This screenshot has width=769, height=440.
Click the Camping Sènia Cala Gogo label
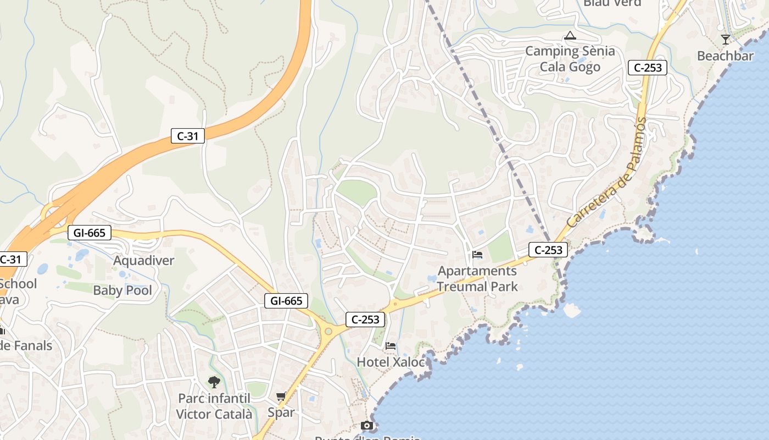[x=570, y=59]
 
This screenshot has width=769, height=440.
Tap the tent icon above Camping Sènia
[x=570, y=36]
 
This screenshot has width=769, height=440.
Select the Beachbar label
[x=725, y=56]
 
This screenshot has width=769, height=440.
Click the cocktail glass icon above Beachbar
[x=726, y=40]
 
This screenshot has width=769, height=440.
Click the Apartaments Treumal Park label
[x=477, y=278]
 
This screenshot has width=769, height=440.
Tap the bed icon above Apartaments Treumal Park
[x=477, y=255]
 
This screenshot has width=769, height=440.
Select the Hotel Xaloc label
[x=391, y=362]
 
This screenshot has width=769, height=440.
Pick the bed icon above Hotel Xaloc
[x=391, y=346]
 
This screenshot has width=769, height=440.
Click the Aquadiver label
[x=144, y=261]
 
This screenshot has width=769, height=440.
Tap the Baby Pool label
[x=122, y=290]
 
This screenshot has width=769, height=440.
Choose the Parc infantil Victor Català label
[x=214, y=406]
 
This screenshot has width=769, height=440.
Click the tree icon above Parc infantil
[x=214, y=382]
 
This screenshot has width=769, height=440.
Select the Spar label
[x=281, y=412]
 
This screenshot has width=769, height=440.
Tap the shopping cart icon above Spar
[x=281, y=397]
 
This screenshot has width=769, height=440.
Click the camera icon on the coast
[x=367, y=425]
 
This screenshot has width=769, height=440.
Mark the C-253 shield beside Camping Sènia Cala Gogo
[x=648, y=68]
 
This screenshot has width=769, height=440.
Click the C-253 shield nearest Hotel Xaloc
[x=365, y=320]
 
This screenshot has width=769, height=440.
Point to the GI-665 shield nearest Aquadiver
[x=89, y=233]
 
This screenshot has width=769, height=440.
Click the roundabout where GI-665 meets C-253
[x=328, y=331]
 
